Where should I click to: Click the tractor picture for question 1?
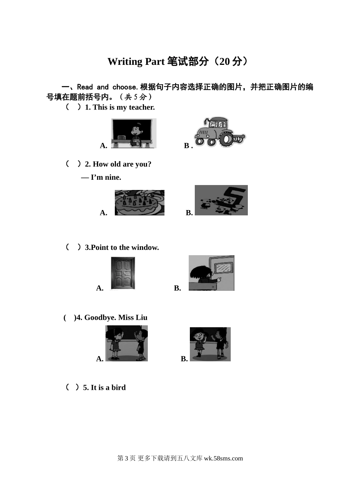click(x=220, y=132)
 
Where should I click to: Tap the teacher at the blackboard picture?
click(x=134, y=133)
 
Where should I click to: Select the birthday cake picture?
click(x=139, y=202)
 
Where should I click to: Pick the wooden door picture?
click(x=123, y=273)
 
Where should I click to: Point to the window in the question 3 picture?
click(x=224, y=267)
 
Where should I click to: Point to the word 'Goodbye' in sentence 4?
click(x=100, y=318)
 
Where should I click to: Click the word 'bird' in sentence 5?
click(x=119, y=388)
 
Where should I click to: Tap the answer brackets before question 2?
click(x=73, y=164)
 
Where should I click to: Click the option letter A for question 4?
click(x=100, y=359)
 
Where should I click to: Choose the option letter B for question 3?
click(x=177, y=288)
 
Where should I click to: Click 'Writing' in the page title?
click(x=125, y=62)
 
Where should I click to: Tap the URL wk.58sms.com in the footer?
click(x=224, y=458)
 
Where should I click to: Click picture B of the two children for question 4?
click(x=210, y=344)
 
